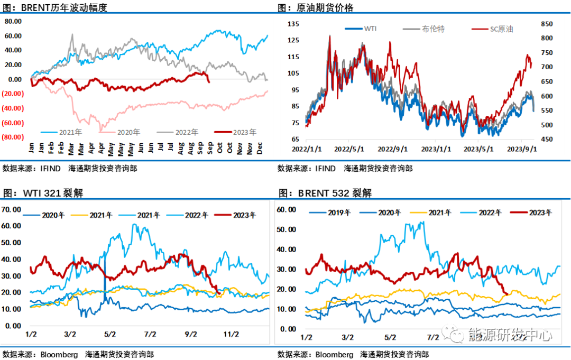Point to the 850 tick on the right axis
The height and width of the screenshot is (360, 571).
[547, 24]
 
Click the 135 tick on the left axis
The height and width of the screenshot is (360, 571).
[293, 24]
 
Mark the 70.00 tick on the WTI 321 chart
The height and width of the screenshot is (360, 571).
[12, 209]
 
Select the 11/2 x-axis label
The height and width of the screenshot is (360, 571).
[231, 334]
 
